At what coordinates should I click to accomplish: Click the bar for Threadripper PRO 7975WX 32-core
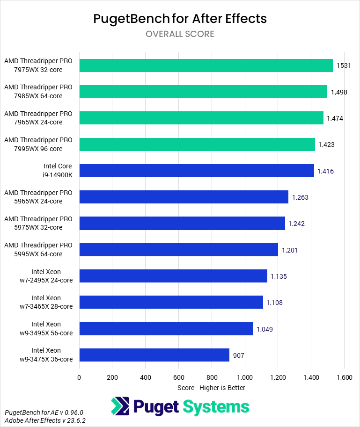pos(206,65)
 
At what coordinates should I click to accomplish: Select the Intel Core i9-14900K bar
pos(197,171)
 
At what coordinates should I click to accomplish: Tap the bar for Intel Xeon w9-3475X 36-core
pos(154,355)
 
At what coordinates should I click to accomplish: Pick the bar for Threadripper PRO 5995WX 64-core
pos(179,250)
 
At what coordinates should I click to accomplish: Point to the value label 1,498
pos(339,92)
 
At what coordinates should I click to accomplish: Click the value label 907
pos(239,355)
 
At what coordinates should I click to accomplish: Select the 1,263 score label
pos(300,197)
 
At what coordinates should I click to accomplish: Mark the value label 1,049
pos(264,329)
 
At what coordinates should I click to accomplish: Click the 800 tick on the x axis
pos(212,377)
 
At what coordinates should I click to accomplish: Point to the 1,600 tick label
pos(344,377)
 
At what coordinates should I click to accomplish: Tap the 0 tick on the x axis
pos(79,377)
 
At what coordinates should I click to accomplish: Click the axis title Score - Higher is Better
pos(211,388)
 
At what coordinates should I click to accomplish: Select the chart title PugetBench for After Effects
pos(180,19)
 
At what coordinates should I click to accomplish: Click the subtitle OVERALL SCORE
pos(180,34)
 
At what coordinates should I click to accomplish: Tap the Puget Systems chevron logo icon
pos(120,406)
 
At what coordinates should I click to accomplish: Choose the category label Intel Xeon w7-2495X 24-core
pos(46,276)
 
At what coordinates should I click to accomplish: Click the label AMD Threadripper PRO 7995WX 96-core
pos(38,145)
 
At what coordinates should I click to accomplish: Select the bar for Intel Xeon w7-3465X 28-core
pos(171,303)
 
